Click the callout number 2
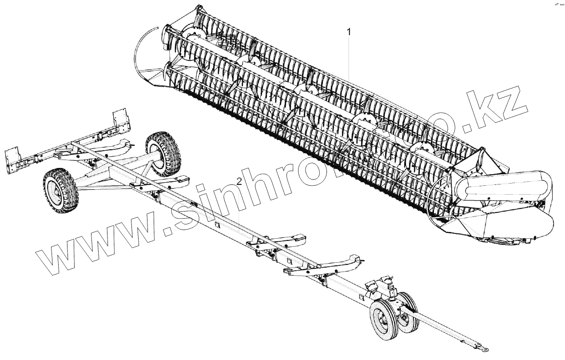239,181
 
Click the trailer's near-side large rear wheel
60,190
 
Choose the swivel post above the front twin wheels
392,291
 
